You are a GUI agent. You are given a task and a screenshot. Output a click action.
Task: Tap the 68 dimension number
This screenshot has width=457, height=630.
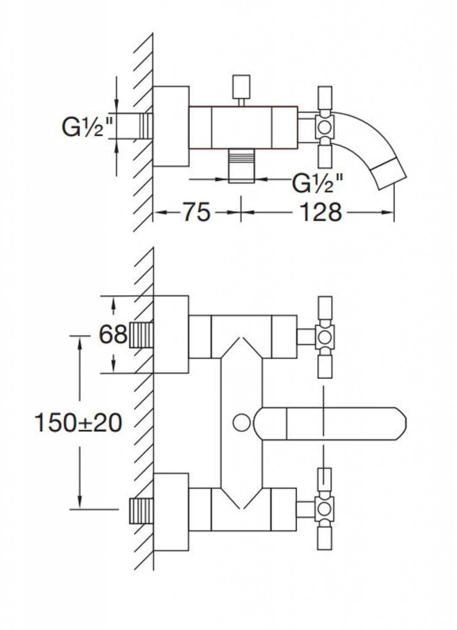113,335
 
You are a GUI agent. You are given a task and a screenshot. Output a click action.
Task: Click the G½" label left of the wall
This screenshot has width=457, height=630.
87,128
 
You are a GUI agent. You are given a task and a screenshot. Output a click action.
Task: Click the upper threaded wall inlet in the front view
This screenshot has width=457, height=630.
141,335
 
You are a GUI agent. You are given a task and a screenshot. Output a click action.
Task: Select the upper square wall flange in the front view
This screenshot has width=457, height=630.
170,335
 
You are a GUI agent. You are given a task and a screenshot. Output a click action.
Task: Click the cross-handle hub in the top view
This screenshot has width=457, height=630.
325,127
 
